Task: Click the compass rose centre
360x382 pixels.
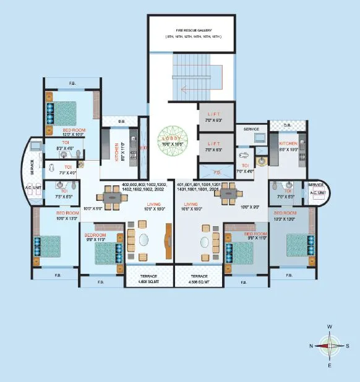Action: [330, 346]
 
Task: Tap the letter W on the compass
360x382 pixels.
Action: [330, 326]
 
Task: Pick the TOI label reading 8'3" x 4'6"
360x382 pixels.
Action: [64, 146]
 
